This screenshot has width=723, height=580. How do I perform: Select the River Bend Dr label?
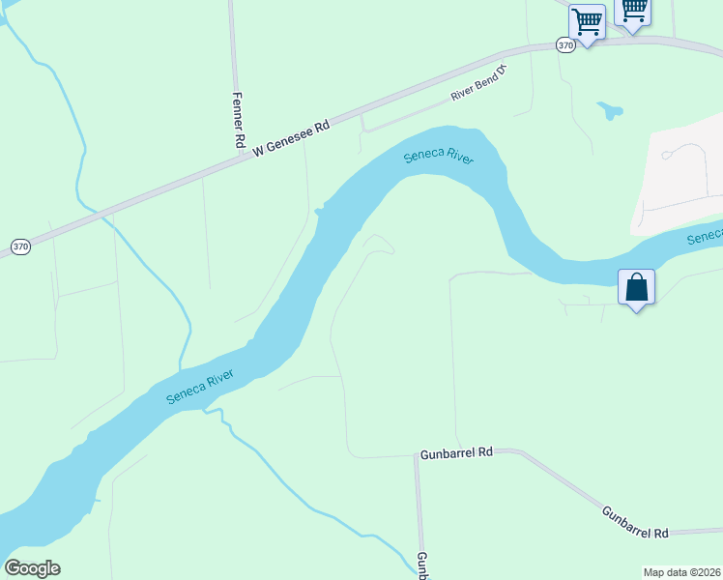click(x=478, y=83)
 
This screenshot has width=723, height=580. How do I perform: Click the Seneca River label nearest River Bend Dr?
click(x=439, y=157)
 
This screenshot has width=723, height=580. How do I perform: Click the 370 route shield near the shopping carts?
click(x=565, y=44)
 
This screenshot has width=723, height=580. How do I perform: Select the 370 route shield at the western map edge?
click(x=20, y=247)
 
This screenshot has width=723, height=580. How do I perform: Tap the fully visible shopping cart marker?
click(x=587, y=21)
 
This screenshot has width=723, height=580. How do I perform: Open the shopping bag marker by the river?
click(x=636, y=287)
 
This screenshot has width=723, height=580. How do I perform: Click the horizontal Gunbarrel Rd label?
click(x=456, y=452)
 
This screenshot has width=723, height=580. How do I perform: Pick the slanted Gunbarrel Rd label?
click(x=635, y=523)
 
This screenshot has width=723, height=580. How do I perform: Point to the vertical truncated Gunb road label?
click(x=422, y=565)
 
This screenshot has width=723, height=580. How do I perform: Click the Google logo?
click(x=32, y=568)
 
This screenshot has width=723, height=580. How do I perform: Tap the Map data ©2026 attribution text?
click(x=681, y=572)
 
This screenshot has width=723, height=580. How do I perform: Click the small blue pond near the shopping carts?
click(x=609, y=110)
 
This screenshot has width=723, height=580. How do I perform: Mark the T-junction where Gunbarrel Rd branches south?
click(x=417, y=455)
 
